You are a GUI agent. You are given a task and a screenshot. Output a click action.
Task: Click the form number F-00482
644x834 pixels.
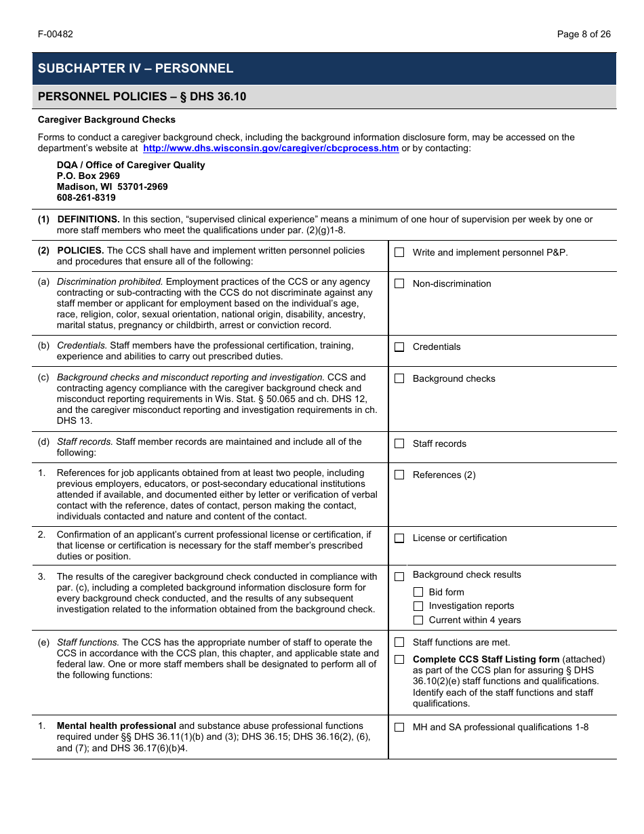tap(56, 34)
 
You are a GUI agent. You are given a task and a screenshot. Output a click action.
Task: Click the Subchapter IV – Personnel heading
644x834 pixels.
tap(136, 68)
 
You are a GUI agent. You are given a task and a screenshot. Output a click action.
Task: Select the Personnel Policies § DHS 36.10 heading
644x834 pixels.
tap(142, 97)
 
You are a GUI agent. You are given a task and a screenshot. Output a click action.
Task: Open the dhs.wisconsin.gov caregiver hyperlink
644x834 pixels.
tap(270, 148)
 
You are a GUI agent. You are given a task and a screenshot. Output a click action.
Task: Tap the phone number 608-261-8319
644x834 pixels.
tap(86, 198)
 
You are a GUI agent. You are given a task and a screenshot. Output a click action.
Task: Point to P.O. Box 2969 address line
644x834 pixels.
tap(88, 176)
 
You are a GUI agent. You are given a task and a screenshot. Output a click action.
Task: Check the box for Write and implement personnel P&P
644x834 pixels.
tap(399, 252)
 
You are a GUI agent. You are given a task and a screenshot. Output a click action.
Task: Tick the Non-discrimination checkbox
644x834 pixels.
tap(399, 284)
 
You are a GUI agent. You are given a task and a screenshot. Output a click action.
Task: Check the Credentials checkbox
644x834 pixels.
tap(399, 347)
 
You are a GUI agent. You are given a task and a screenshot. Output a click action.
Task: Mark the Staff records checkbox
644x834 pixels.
tap(399, 444)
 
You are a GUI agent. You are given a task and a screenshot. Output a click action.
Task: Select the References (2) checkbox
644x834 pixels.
tap(399, 475)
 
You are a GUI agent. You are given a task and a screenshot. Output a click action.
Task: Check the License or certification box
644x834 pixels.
tap(399, 538)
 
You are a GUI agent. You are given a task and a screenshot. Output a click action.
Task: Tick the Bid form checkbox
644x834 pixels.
tap(418, 592)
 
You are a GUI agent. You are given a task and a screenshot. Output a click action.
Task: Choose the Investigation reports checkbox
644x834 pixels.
tap(418, 606)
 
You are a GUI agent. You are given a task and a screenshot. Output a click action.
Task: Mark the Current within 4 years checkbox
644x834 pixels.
tap(418, 620)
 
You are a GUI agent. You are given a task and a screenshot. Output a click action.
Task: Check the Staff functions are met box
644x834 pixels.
tap(399, 643)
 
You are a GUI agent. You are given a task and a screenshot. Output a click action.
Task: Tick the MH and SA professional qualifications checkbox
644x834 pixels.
tap(399, 728)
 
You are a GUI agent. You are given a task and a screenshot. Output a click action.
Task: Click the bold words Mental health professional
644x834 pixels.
tap(117, 726)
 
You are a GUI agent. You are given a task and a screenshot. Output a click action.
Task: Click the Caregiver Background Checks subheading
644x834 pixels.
tap(106, 120)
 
